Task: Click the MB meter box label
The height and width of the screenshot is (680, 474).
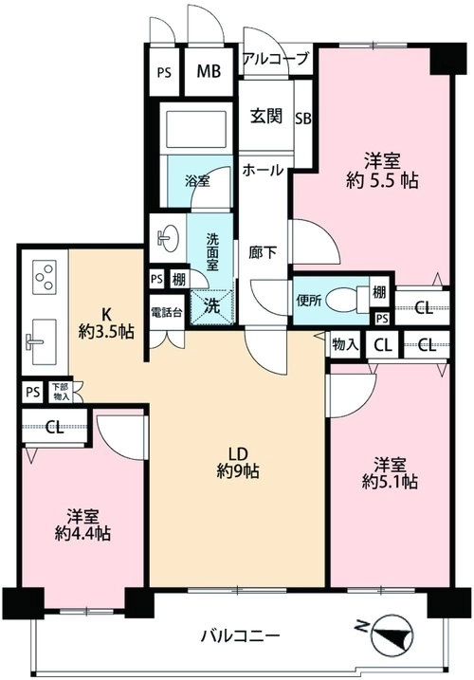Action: coord(209,71)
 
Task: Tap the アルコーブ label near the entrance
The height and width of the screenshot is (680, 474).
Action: coord(276,58)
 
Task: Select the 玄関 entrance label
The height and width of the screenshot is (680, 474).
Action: coord(265,117)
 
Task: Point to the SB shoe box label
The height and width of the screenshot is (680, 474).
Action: coord(303,119)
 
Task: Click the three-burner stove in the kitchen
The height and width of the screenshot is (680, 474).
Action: coord(45,276)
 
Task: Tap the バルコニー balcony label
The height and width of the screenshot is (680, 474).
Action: coord(240,636)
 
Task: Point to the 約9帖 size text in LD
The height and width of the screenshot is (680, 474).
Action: coord(238,470)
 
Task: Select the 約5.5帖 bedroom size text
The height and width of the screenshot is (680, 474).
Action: coord(382,180)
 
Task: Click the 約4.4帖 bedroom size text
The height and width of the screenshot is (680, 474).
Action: coord(82,534)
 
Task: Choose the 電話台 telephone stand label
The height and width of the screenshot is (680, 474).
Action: coord(167,312)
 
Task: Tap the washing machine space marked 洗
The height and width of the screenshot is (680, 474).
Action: coord(212,306)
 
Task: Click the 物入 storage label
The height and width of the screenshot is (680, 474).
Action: coord(346,345)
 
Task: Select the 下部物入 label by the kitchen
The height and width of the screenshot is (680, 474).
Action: coord(61,392)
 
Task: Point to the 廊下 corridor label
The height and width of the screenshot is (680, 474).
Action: coord(263,253)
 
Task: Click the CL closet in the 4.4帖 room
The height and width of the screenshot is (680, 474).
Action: coord(55,428)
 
